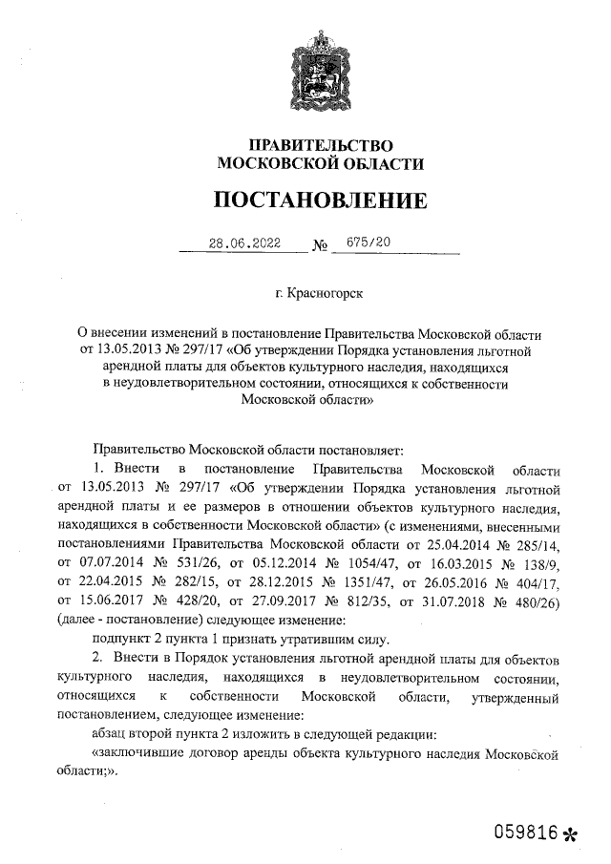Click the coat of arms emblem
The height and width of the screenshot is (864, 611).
click(x=320, y=63)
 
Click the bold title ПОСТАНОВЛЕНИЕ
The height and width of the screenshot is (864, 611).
click(x=320, y=201)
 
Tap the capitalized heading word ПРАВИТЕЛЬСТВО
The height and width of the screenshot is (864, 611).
click(x=320, y=145)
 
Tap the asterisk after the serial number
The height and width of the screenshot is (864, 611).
click(x=571, y=832)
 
